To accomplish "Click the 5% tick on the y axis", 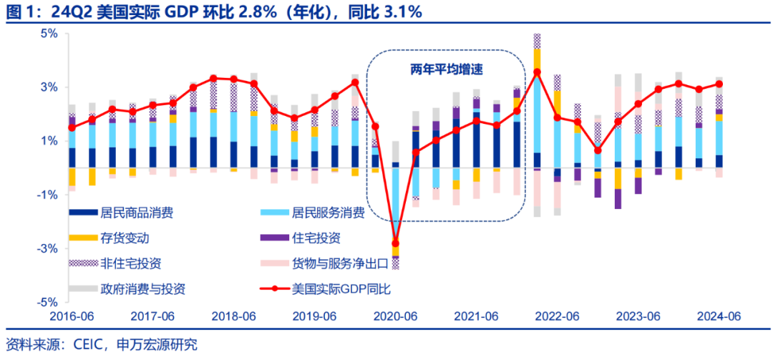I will point(49,34).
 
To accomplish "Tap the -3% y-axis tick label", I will point(47,248).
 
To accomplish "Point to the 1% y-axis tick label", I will point(49,141).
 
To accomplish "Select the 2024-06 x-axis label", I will point(719,316).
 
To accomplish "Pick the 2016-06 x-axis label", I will point(72,316).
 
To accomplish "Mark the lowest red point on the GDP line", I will point(396,243).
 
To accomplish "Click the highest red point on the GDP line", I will point(537,72).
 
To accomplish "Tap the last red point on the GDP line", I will point(719,84).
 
